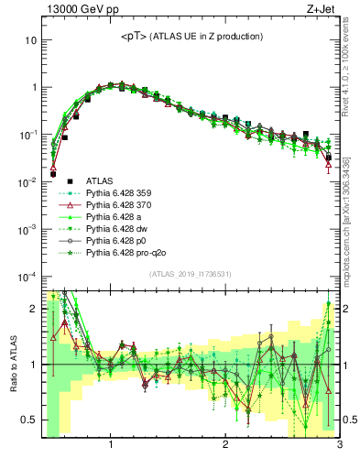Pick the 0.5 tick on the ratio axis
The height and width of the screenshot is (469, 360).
click(x=27, y=420)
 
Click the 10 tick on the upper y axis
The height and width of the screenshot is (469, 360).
click(x=29, y=40)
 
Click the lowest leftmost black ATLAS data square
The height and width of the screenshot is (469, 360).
click(x=53, y=172)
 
